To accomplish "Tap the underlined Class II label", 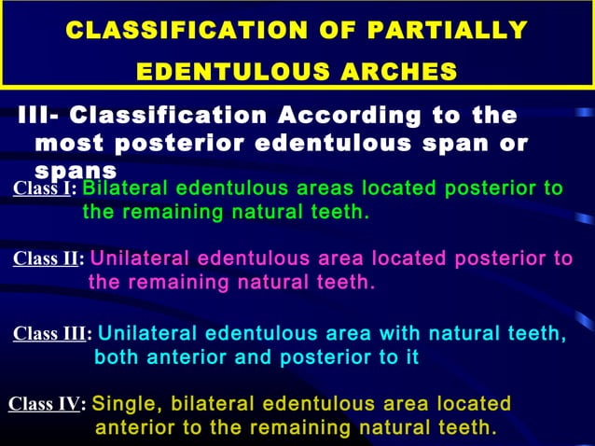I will [x=47, y=259].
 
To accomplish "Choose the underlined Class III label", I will [x=50, y=334].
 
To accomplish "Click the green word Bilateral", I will [x=124, y=188].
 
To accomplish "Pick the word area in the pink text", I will [x=339, y=258].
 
